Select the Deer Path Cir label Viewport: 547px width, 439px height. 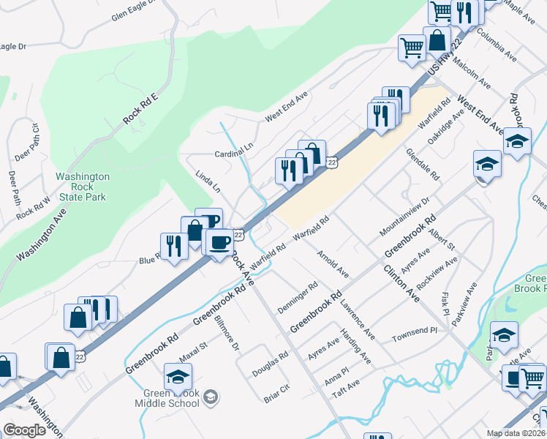(x=36, y=143)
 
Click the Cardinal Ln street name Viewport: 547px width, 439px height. (x=233, y=155)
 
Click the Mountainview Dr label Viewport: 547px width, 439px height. (x=404, y=217)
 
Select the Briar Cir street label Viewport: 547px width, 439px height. (x=276, y=393)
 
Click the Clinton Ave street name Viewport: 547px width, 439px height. (x=401, y=283)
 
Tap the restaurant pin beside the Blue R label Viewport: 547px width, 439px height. (x=173, y=247)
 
